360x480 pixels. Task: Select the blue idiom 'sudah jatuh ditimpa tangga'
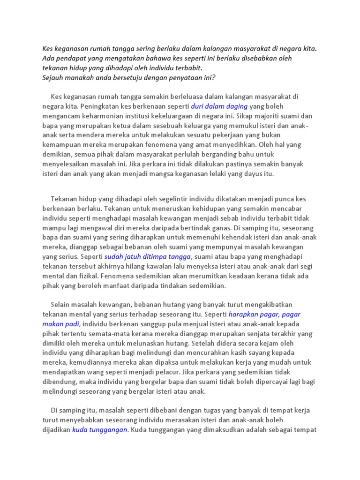coord(148,256)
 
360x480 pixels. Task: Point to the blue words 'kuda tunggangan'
coord(99,429)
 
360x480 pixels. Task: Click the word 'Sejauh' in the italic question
coord(53,77)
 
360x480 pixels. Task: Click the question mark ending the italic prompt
coord(213,77)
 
